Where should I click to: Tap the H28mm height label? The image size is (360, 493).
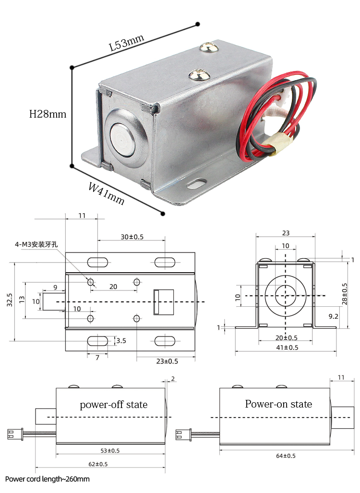click(48, 114)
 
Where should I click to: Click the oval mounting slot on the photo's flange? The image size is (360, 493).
click(197, 183)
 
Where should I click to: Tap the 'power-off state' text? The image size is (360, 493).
click(113, 404)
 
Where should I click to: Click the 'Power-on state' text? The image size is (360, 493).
click(278, 404)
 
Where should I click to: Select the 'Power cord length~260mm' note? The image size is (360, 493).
click(48, 479)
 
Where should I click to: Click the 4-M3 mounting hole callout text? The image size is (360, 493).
click(36, 244)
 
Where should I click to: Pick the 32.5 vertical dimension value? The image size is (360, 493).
click(10, 301)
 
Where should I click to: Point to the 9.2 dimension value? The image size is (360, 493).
click(333, 316)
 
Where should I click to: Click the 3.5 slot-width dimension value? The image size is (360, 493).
click(121, 341)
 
